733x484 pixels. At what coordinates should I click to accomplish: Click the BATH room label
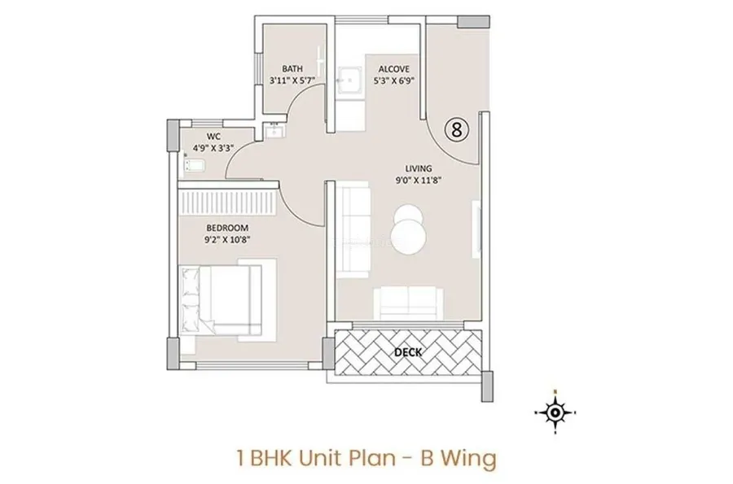point(292,68)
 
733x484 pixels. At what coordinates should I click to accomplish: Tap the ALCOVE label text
point(393,68)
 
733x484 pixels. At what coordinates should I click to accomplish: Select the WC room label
point(213,137)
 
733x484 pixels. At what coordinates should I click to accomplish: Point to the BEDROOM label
point(227,228)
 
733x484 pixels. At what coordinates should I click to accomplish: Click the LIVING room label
point(419,168)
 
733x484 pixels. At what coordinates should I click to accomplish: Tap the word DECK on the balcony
point(408,352)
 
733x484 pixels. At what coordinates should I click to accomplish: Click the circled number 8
point(457,129)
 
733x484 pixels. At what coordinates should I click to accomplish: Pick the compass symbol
point(555,412)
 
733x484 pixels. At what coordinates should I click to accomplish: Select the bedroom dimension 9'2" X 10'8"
point(227,240)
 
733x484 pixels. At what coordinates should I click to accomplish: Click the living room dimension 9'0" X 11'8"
point(419,180)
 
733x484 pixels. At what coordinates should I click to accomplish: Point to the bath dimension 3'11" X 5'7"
point(292,81)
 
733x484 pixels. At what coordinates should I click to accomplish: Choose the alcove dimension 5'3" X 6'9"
point(393,81)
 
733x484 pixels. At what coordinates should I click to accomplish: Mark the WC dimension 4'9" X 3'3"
point(213,148)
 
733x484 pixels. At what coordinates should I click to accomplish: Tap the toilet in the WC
point(195,165)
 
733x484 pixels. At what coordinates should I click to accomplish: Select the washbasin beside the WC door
point(273,130)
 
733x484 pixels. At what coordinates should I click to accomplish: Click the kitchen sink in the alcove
point(349,81)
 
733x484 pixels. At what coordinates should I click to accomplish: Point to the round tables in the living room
point(410,229)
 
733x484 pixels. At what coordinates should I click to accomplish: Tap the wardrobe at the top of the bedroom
point(228,198)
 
